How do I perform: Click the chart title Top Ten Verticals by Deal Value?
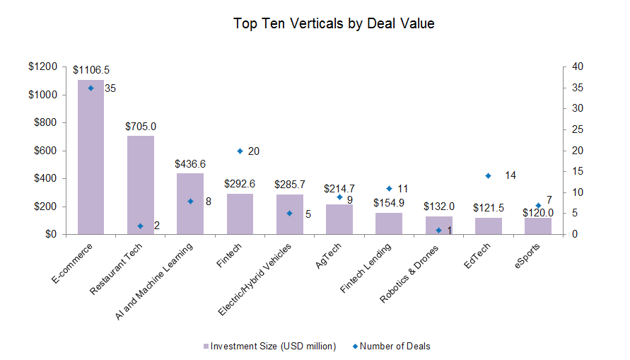click(x=334, y=23)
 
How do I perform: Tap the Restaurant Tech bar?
click(x=140, y=185)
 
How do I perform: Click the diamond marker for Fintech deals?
click(x=240, y=151)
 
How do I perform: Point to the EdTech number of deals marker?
click(x=488, y=175)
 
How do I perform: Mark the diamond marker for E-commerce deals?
click(x=91, y=88)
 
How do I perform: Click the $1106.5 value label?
click(x=91, y=70)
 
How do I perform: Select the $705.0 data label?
click(x=141, y=126)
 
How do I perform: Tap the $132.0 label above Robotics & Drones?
click(x=438, y=207)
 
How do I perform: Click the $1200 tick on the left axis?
click(x=43, y=66)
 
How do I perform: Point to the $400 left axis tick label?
click(x=46, y=178)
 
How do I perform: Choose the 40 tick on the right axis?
click(x=578, y=66)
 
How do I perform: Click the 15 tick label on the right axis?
click(x=578, y=171)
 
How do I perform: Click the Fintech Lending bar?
click(x=389, y=223)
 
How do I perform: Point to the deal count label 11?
click(x=403, y=189)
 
